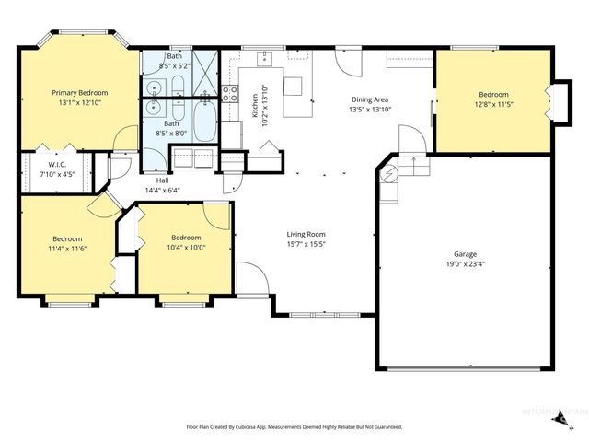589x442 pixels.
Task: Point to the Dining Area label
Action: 369,99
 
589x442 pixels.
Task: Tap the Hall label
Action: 162,180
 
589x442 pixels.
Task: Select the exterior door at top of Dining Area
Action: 348,63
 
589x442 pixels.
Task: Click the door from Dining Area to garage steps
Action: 411,140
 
